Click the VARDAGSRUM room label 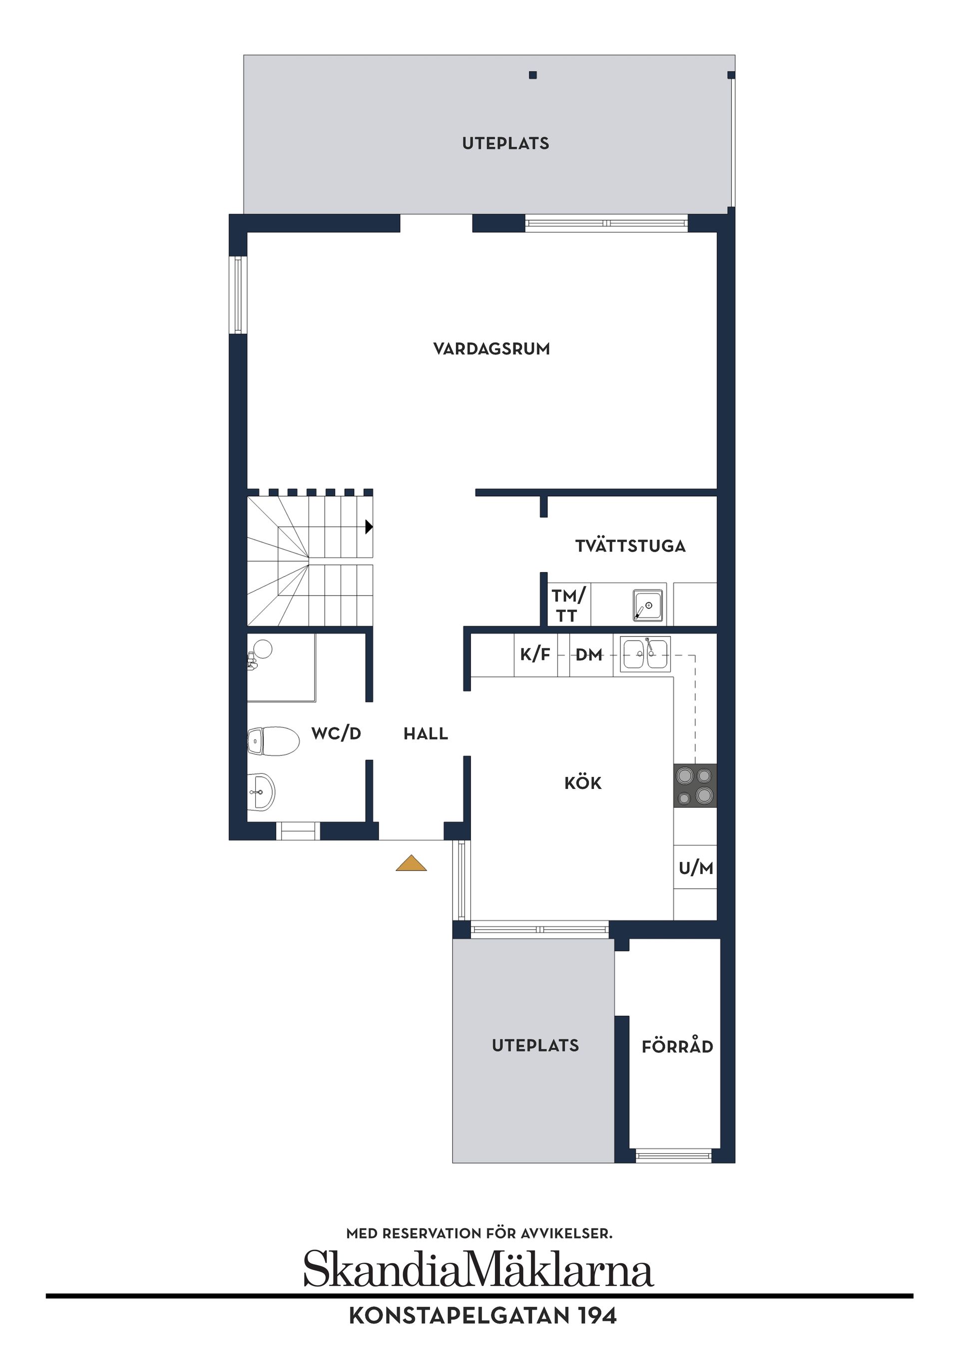491,349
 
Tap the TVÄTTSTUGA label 630,546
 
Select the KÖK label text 582,783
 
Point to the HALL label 426,733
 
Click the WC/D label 336,733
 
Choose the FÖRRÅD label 677,1046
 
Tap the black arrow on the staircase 369,526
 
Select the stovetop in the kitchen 695,785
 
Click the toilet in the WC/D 273,741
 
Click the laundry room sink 648,605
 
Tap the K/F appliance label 535,655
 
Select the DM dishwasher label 588,655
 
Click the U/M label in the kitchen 695,868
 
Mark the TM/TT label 567,605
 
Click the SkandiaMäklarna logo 479,1269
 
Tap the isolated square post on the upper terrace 532,75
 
